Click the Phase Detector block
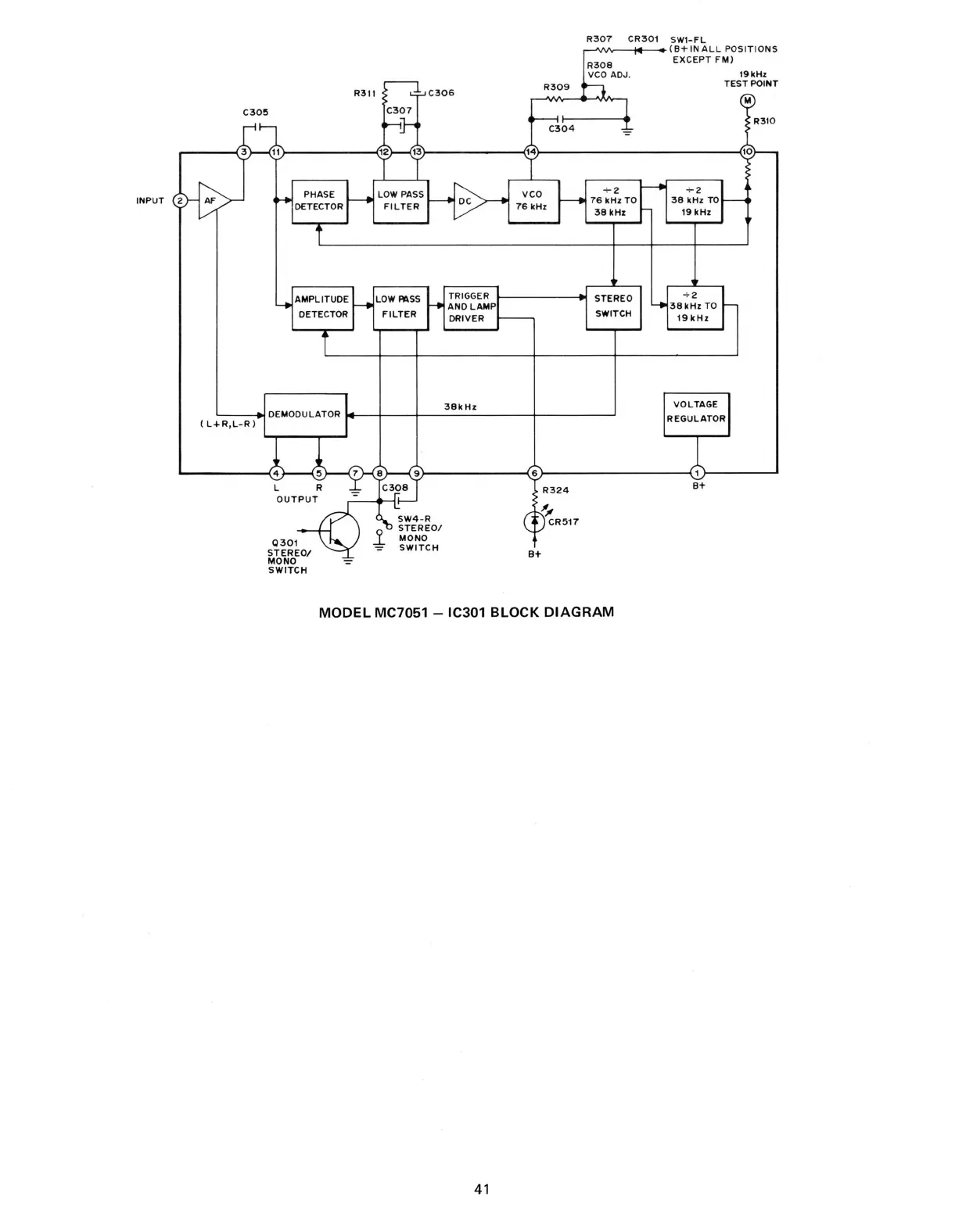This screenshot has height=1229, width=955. pos(319,201)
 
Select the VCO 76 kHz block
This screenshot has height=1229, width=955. pos(533,201)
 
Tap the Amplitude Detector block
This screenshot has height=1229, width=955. pos(322,307)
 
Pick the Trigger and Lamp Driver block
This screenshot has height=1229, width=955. pos(471,307)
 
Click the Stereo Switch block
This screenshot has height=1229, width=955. pos(613,306)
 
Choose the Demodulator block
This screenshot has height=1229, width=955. pos(305,414)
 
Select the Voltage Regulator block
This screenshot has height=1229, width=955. pos(696,412)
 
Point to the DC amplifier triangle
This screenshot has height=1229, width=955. pos(468,201)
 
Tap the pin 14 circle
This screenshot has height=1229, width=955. pos(532,152)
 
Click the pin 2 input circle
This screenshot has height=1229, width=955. pos(179,201)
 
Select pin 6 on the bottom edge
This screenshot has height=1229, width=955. pos(535,473)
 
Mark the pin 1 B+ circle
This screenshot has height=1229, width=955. pos(697,473)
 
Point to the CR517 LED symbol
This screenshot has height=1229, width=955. pos(535,521)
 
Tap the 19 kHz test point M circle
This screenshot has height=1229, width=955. pos(747,101)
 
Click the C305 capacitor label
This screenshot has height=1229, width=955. pos(256,113)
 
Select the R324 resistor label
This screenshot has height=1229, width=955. pos(555,491)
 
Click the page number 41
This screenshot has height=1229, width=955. pos(482,1189)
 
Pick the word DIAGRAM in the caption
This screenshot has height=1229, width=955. pos(579,612)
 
